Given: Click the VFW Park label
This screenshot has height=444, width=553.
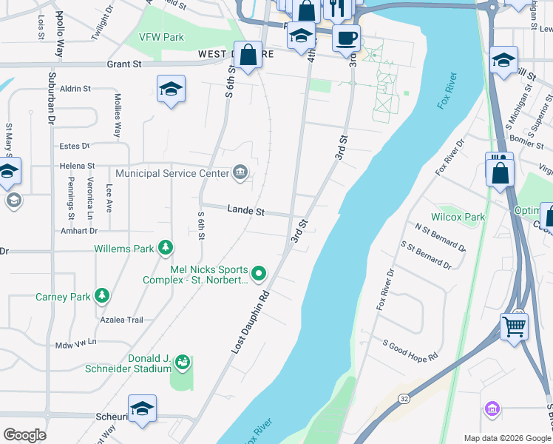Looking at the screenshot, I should tap(160, 36).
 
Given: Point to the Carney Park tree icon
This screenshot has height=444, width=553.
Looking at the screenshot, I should tap(101, 297).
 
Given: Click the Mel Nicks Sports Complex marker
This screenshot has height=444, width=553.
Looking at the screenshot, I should tap(258, 275).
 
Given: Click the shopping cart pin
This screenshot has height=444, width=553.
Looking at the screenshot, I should tap(514, 325).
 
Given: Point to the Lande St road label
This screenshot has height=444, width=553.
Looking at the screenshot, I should tap(246, 212).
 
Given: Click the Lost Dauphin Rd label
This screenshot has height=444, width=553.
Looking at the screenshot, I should tap(248, 321).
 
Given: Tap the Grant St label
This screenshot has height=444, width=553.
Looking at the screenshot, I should tap(124, 64).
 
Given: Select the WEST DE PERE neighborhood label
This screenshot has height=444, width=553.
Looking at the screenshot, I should tap(229, 54).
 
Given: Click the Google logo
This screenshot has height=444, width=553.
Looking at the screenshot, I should tap(24, 434).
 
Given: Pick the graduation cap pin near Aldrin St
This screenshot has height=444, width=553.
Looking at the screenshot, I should tap(171, 89).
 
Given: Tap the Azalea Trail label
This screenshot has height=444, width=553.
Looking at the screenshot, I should tap(122, 320).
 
